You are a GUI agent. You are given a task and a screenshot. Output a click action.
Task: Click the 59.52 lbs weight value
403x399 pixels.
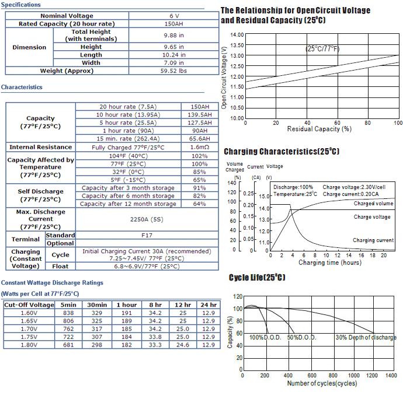coord(173,71)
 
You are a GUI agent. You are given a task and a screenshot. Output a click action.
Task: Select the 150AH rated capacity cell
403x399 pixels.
coord(173,24)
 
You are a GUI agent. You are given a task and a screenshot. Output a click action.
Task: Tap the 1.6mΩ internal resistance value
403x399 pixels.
coord(200,148)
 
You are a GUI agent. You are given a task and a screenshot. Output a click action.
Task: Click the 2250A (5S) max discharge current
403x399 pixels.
coord(147,219)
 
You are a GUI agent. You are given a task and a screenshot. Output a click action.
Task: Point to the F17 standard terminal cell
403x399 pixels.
coord(147,236)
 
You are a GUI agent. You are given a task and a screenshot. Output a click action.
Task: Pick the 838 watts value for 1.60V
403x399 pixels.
coord(68,313)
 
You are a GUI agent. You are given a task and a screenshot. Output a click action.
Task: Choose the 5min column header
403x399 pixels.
coord(68,304)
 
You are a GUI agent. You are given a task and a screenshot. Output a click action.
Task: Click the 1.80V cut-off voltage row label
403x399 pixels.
coord(29,345)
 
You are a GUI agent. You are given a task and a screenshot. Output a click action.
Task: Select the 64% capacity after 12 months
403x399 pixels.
coord(199,204)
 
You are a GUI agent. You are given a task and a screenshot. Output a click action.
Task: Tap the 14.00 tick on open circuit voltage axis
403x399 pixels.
coord(237,35)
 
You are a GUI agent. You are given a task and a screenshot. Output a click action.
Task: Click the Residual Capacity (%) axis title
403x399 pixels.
coord(319,129)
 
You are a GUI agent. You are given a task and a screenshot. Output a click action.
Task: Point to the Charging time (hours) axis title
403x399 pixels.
coord(330,262)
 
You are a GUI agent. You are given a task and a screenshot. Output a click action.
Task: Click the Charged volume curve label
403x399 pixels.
coord(373,204)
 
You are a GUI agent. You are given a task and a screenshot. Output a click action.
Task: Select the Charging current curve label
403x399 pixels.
coord(373,240)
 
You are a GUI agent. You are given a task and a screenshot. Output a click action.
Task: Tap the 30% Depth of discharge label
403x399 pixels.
coord(366,337)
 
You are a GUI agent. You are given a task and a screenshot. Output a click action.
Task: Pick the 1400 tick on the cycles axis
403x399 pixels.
coord(391,376)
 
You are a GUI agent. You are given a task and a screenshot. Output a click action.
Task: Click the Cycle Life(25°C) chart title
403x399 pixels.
coord(257,277)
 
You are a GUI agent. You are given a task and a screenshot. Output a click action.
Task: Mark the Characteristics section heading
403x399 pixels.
coord(22,87)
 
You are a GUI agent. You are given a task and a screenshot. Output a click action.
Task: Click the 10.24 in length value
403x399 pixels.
coord(173,55)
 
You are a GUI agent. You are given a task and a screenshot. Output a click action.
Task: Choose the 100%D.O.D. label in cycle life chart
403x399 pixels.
coord(265,337)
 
